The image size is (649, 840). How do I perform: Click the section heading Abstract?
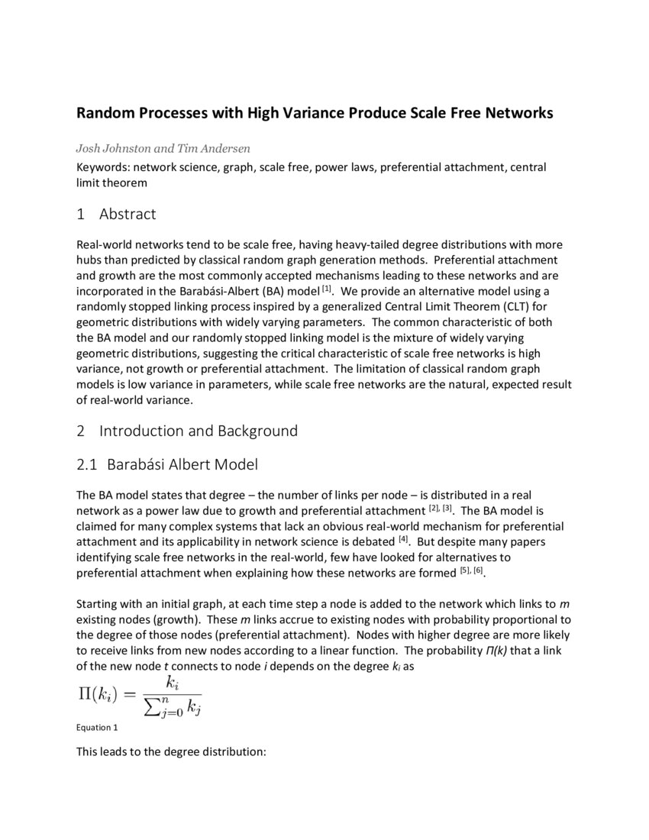(127, 214)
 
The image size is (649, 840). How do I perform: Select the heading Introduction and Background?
(198, 431)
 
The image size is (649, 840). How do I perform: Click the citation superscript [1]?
(327, 289)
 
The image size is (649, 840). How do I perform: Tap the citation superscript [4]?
(403, 539)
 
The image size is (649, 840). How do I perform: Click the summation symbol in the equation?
(150, 706)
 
